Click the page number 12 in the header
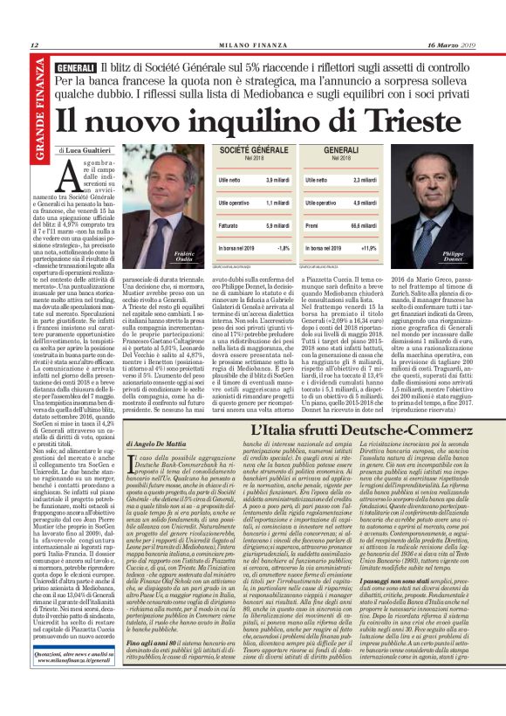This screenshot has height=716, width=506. (35, 45)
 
